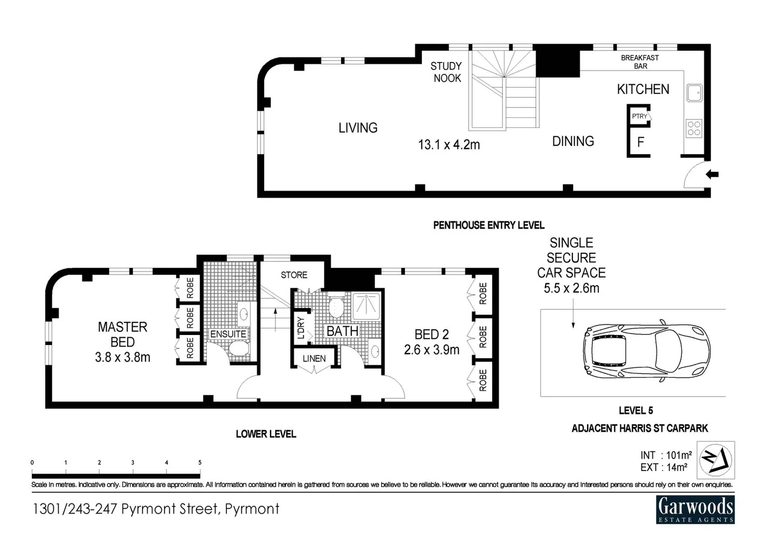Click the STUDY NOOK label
[446, 72]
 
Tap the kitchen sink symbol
[694, 93]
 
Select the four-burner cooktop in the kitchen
[694, 128]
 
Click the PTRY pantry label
[639, 116]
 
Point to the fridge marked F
[640, 143]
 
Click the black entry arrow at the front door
[713, 175]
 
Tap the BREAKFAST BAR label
[640, 62]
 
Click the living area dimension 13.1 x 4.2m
[448, 145]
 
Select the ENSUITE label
[228, 334]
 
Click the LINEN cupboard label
[314, 359]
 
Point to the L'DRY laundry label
[301, 328]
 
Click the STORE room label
[294, 275]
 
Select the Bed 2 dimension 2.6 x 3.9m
[431, 350]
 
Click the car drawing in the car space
[647, 351]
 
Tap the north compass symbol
[716, 459]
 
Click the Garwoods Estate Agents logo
[695, 509]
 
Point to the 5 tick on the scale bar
[200, 463]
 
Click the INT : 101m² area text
[666, 455]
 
